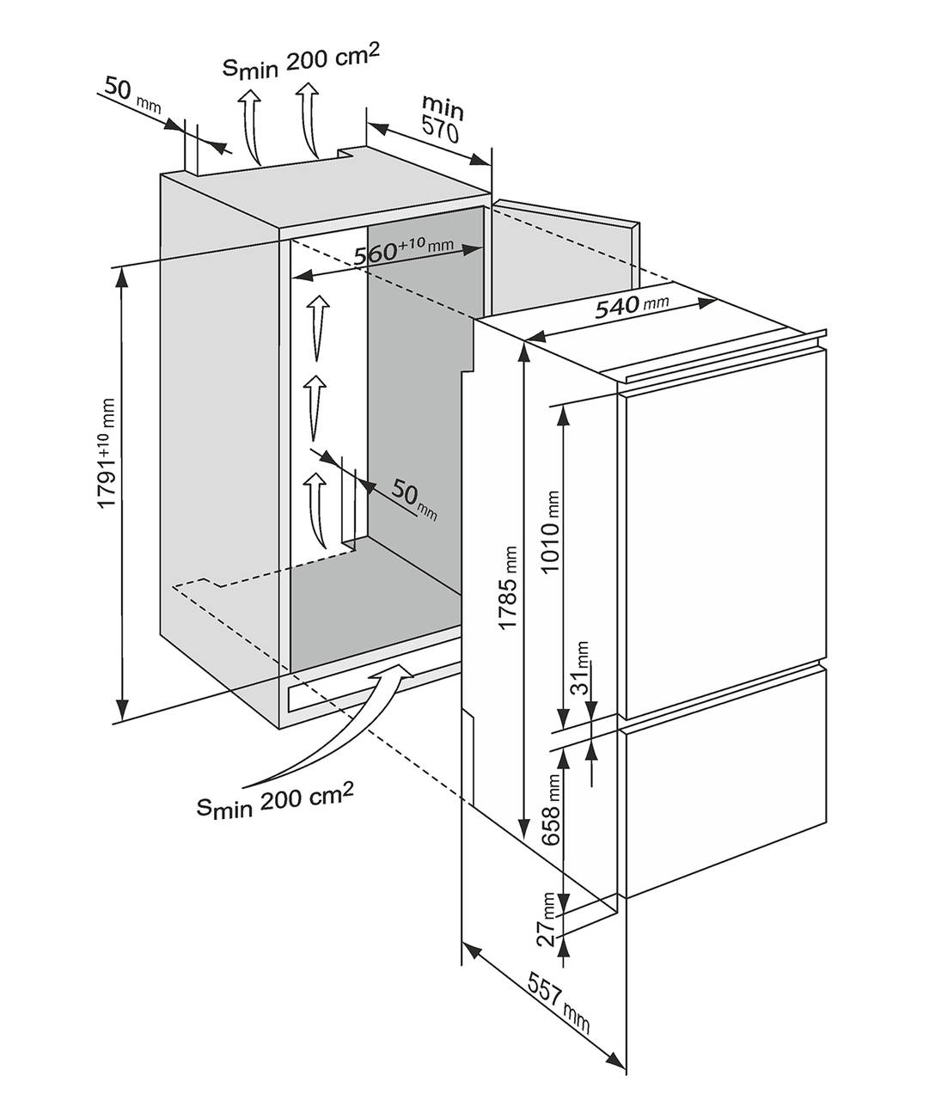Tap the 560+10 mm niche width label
(402, 252)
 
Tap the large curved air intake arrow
(344, 722)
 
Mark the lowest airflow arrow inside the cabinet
(315, 507)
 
